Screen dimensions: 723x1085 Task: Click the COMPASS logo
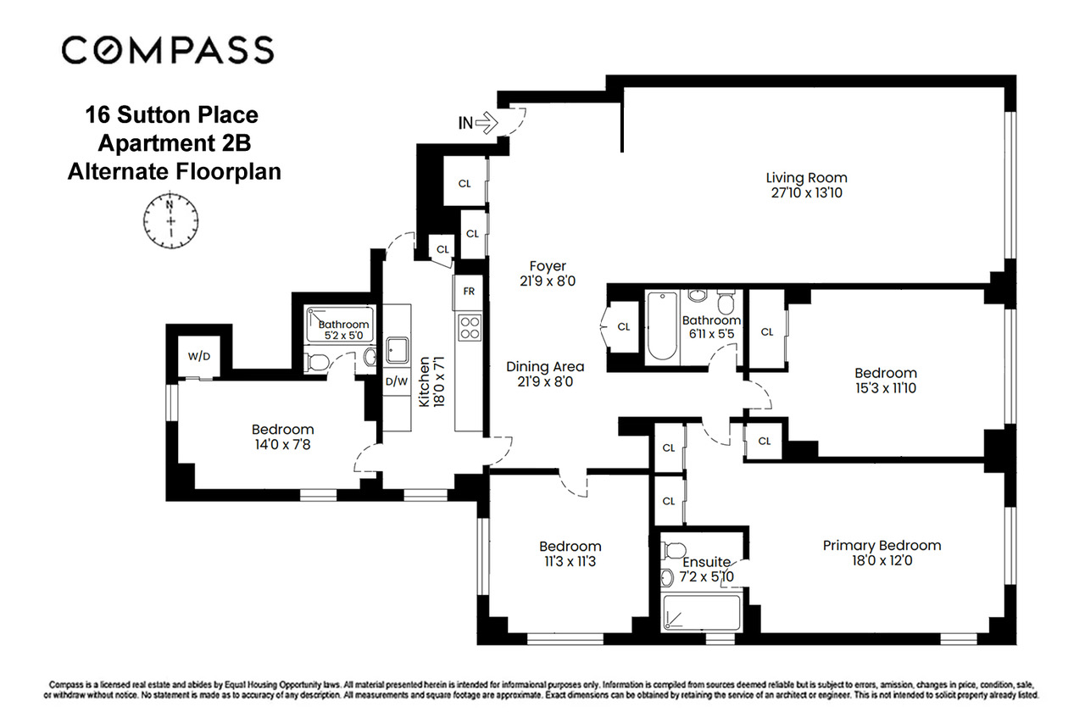[168, 49]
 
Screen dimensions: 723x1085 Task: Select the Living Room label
[806, 178]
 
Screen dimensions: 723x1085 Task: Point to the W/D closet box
[199, 356]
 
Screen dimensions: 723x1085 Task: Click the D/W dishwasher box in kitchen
[397, 381]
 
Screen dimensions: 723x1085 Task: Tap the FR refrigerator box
[469, 292]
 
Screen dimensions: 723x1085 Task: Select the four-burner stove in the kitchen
[469, 326]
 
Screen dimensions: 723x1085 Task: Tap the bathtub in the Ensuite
[700, 613]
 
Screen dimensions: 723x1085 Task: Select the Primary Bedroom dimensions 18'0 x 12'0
[882, 560]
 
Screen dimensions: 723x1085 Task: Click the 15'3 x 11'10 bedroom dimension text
[885, 388]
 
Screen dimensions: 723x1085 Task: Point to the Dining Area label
[545, 367]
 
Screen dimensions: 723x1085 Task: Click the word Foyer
[548, 266]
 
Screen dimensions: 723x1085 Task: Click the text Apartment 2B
[174, 142]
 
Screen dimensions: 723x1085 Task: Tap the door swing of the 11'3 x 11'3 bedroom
[576, 485]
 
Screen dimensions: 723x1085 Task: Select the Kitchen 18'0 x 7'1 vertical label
[430, 382]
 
